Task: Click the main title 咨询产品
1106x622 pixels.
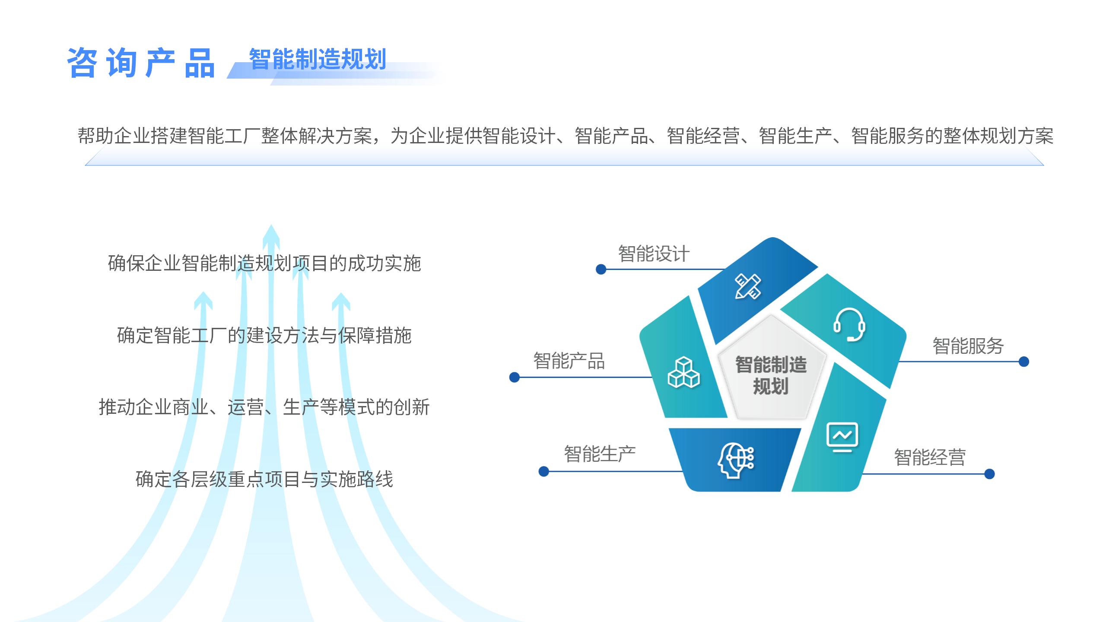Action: [x=141, y=63]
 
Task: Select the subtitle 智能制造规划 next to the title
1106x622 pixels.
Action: [x=318, y=59]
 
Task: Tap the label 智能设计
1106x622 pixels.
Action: [x=654, y=254]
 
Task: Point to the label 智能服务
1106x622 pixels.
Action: [x=968, y=346]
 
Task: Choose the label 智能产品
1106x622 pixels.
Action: [x=569, y=361]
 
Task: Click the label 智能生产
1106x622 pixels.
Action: [x=600, y=454]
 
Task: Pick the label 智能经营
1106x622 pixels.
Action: [x=930, y=457]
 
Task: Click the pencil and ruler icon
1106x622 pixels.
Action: [x=748, y=286]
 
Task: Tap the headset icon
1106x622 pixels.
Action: [x=849, y=325]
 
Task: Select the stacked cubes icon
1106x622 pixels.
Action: [x=683, y=372]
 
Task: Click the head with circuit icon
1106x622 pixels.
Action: [x=736, y=460]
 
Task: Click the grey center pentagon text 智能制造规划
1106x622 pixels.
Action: [x=771, y=375]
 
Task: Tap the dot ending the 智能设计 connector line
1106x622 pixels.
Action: [x=601, y=270]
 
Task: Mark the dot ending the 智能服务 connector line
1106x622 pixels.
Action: [x=1023, y=362]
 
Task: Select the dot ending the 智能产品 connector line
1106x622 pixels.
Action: [x=514, y=377]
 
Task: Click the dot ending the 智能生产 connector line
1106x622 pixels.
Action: [x=544, y=471]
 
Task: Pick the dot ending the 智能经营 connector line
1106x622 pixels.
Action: [x=989, y=474]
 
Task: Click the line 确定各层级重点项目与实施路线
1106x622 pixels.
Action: [x=264, y=479]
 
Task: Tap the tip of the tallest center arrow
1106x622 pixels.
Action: [x=271, y=225]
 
